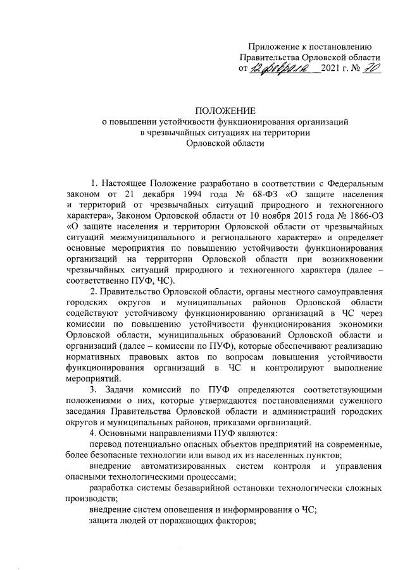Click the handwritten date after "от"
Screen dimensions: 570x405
point(288,69)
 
